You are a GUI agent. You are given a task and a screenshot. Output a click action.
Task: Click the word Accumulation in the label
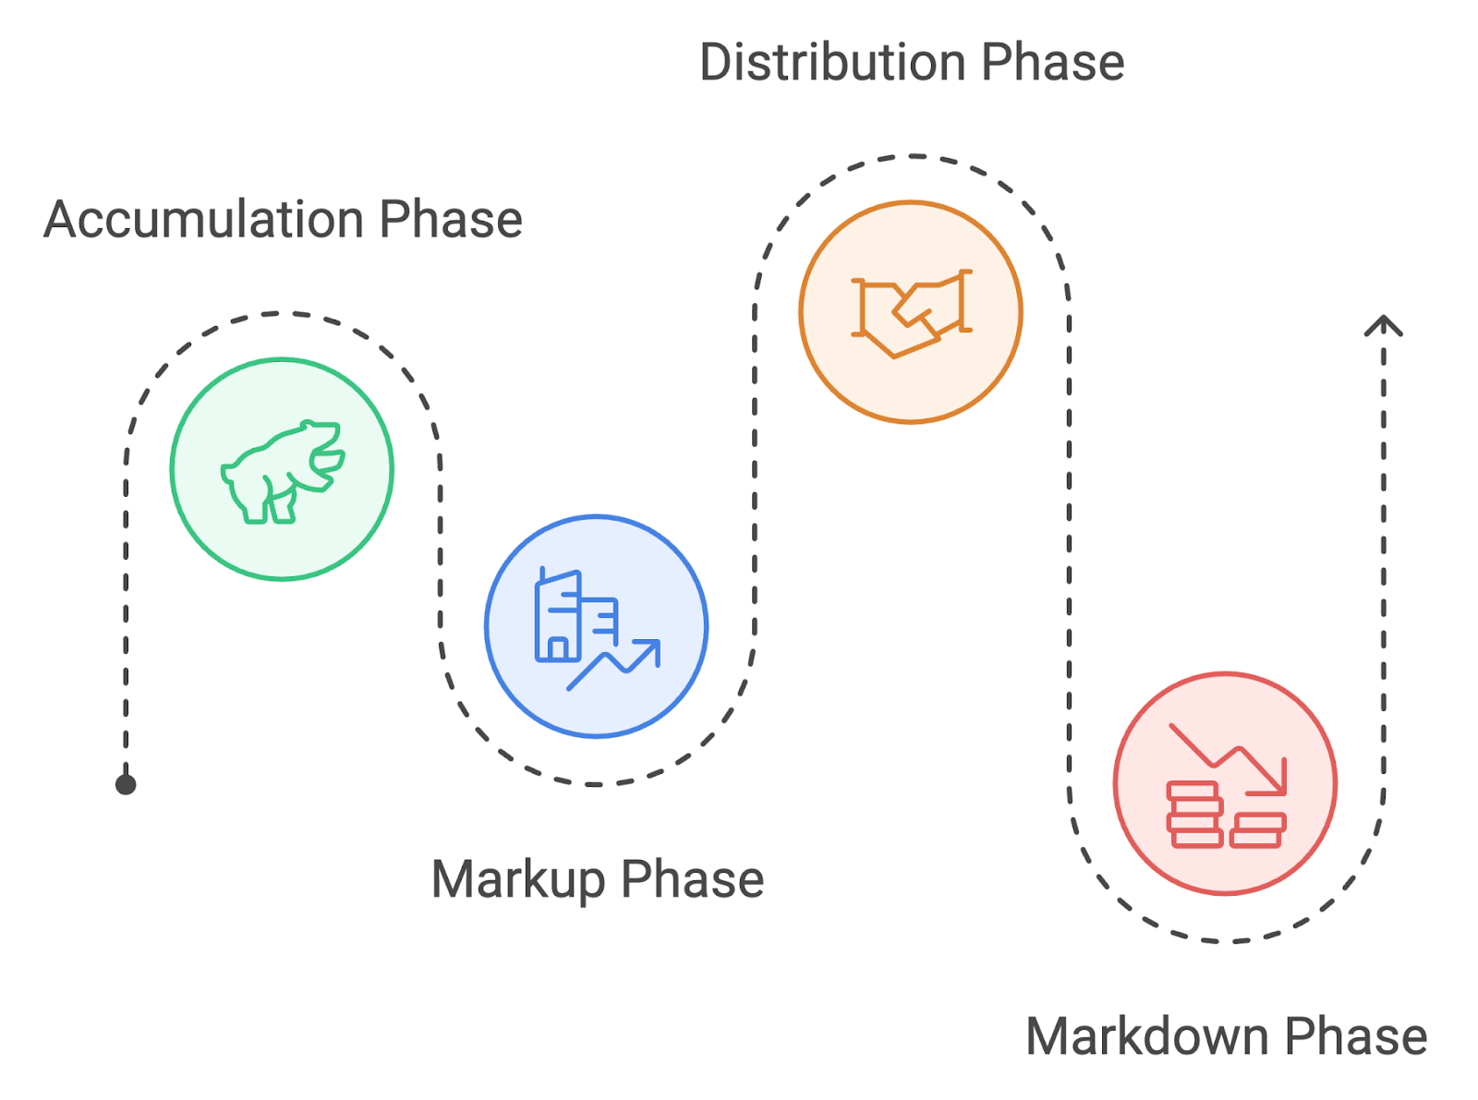click(x=204, y=219)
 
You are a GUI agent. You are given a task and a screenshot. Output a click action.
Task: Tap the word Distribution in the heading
click(x=833, y=62)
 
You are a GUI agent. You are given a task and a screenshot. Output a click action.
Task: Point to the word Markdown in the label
click(x=1146, y=1036)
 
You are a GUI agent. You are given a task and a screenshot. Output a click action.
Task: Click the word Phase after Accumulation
click(x=451, y=219)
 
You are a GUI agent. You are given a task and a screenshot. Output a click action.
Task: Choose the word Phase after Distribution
click(x=1053, y=62)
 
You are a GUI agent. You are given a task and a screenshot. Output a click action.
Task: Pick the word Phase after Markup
click(x=693, y=879)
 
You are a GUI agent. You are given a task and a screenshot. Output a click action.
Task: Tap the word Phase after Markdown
click(x=1355, y=1036)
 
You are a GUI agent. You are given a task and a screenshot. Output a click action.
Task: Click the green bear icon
click(x=283, y=471)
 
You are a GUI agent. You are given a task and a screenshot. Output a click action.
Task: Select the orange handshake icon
click(x=911, y=313)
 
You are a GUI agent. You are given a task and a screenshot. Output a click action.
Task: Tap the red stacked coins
click(x=1225, y=815)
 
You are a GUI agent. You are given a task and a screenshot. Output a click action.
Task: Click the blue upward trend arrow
click(x=613, y=665)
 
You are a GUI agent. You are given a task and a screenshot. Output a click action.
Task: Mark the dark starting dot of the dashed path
click(x=126, y=785)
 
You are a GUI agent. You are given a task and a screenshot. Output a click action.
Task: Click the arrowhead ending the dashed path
click(x=1384, y=325)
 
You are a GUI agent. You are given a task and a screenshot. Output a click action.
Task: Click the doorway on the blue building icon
click(x=558, y=649)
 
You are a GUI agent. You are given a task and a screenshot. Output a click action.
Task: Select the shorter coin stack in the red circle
click(x=1257, y=830)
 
